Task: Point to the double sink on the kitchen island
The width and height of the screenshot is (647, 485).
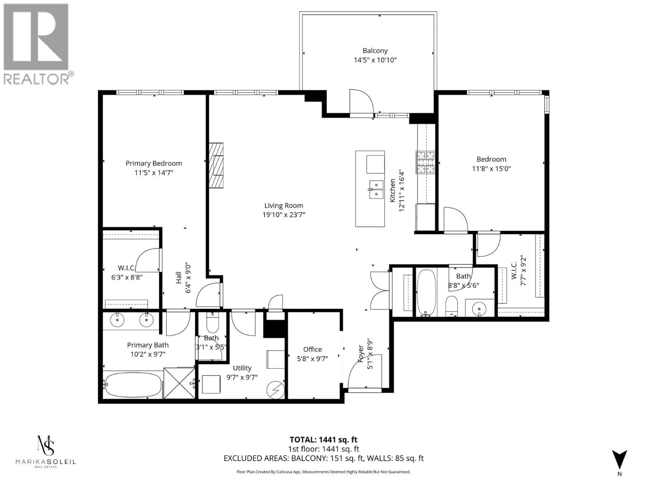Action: (x=376, y=189)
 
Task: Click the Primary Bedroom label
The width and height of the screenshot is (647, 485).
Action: (x=153, y=163)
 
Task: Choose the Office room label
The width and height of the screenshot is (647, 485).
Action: (x=312, y=349)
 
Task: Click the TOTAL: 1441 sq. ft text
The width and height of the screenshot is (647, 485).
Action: (x=323, y=440)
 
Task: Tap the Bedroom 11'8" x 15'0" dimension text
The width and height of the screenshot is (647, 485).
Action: (x=491, y=169)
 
